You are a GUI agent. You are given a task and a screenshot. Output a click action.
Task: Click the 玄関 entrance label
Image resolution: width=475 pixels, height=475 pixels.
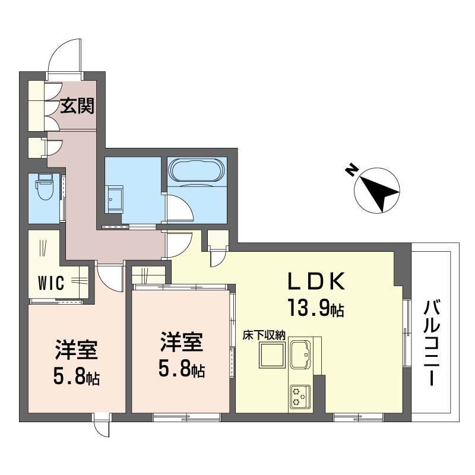(77, 106)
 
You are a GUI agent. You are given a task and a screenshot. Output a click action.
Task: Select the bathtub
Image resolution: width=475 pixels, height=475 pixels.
(197, 170)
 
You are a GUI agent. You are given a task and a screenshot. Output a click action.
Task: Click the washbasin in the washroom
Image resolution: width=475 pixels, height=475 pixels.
(114, 199)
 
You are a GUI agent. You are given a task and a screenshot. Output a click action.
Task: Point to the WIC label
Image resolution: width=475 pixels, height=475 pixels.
(51, 283)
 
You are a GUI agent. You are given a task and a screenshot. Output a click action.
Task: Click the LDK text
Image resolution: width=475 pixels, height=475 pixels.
(316, 281)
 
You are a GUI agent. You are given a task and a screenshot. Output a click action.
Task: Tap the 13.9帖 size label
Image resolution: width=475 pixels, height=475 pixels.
(316, 308)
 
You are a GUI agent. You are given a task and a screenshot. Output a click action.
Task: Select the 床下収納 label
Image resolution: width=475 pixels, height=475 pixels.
(264, 335)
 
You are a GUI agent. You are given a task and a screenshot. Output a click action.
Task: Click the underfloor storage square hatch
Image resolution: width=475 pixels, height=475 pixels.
(271, 355)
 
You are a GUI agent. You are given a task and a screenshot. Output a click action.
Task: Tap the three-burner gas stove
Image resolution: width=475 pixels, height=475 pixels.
(300, 397)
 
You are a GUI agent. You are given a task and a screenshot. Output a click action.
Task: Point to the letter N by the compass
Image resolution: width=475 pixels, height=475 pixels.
(351, 171)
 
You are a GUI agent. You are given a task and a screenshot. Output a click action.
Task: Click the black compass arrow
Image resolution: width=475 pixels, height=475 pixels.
(379, 195)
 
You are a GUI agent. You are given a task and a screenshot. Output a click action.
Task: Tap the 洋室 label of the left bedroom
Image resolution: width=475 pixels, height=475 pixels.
(77, 350)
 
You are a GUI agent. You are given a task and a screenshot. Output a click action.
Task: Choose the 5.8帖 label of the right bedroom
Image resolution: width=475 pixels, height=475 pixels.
(182, 369)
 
